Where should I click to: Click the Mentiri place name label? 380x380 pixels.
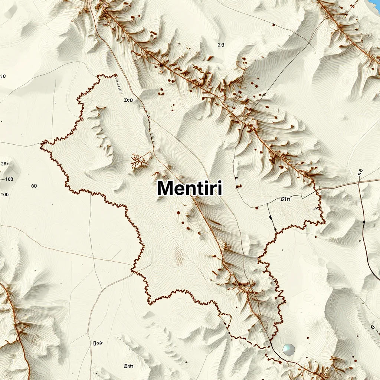(x=190, y=188)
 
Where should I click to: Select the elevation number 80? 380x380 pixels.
(x=34, y=186)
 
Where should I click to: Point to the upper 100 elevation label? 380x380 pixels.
(x=9, y=179)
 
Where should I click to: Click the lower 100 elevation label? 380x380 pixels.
(x=4, y=194)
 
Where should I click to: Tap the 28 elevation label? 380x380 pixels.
(x=4, y=164)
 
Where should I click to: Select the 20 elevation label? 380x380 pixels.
(x=221, y=45)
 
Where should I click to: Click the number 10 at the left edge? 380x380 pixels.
(x=3, y=76)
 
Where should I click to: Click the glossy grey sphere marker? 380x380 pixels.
(x=288, y=349)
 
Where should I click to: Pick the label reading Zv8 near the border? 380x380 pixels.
(x=128, y=100)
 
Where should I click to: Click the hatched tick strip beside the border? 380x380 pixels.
(x=119, y=84)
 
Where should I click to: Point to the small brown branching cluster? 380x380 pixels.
(x=140, y=160)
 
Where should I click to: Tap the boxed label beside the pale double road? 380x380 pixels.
(x=98, y=344)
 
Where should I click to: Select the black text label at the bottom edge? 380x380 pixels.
(x=128, y=366)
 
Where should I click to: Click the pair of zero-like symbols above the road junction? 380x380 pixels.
(x=360, y=172)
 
